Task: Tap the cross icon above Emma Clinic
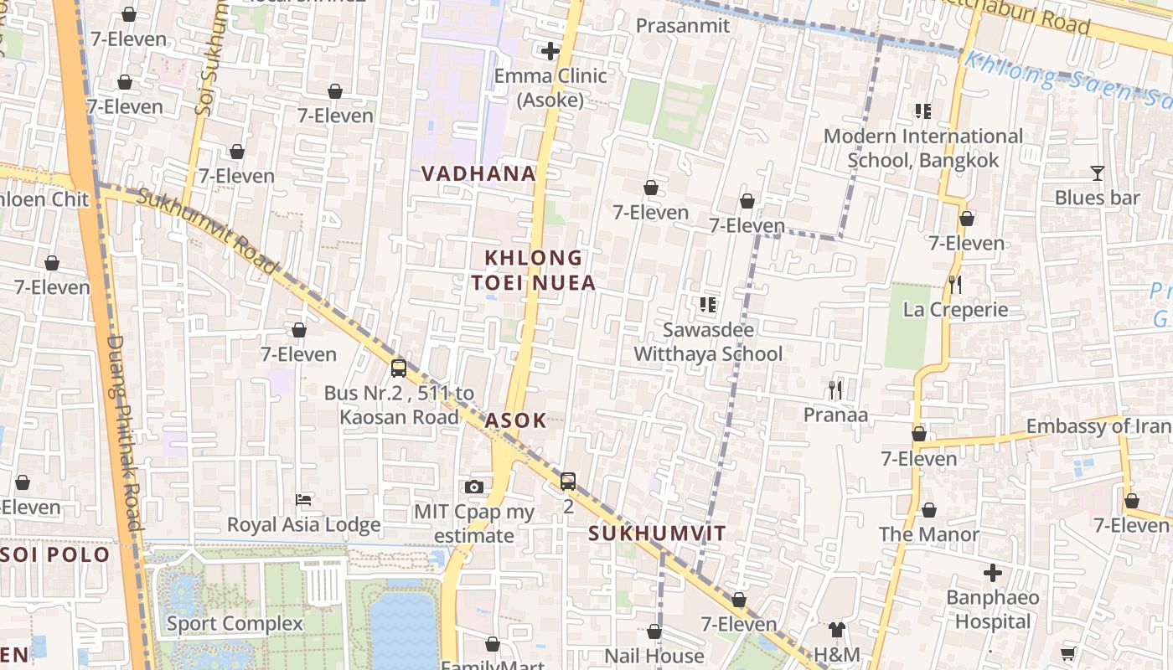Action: [550, 52]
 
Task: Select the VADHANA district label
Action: [478, 173]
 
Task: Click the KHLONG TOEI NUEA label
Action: [533, 270]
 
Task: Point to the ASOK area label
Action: [515, 420]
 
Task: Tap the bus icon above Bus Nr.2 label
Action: [399, 368]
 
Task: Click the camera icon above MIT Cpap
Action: [474, 487]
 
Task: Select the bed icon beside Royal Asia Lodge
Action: [304, 500]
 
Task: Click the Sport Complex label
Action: [235, 623]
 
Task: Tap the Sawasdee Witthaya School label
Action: [708, 342]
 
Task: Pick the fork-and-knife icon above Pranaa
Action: [835, 389]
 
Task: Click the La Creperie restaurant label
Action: [955, 310]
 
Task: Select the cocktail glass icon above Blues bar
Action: [1097, 173]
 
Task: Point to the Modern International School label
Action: [923, 148]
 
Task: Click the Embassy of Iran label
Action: [1098, 426]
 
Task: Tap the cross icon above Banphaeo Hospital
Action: [993, 573]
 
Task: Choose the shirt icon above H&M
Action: [836, 630]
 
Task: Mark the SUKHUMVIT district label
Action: [657, 533]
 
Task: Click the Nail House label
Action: [654, 656]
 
